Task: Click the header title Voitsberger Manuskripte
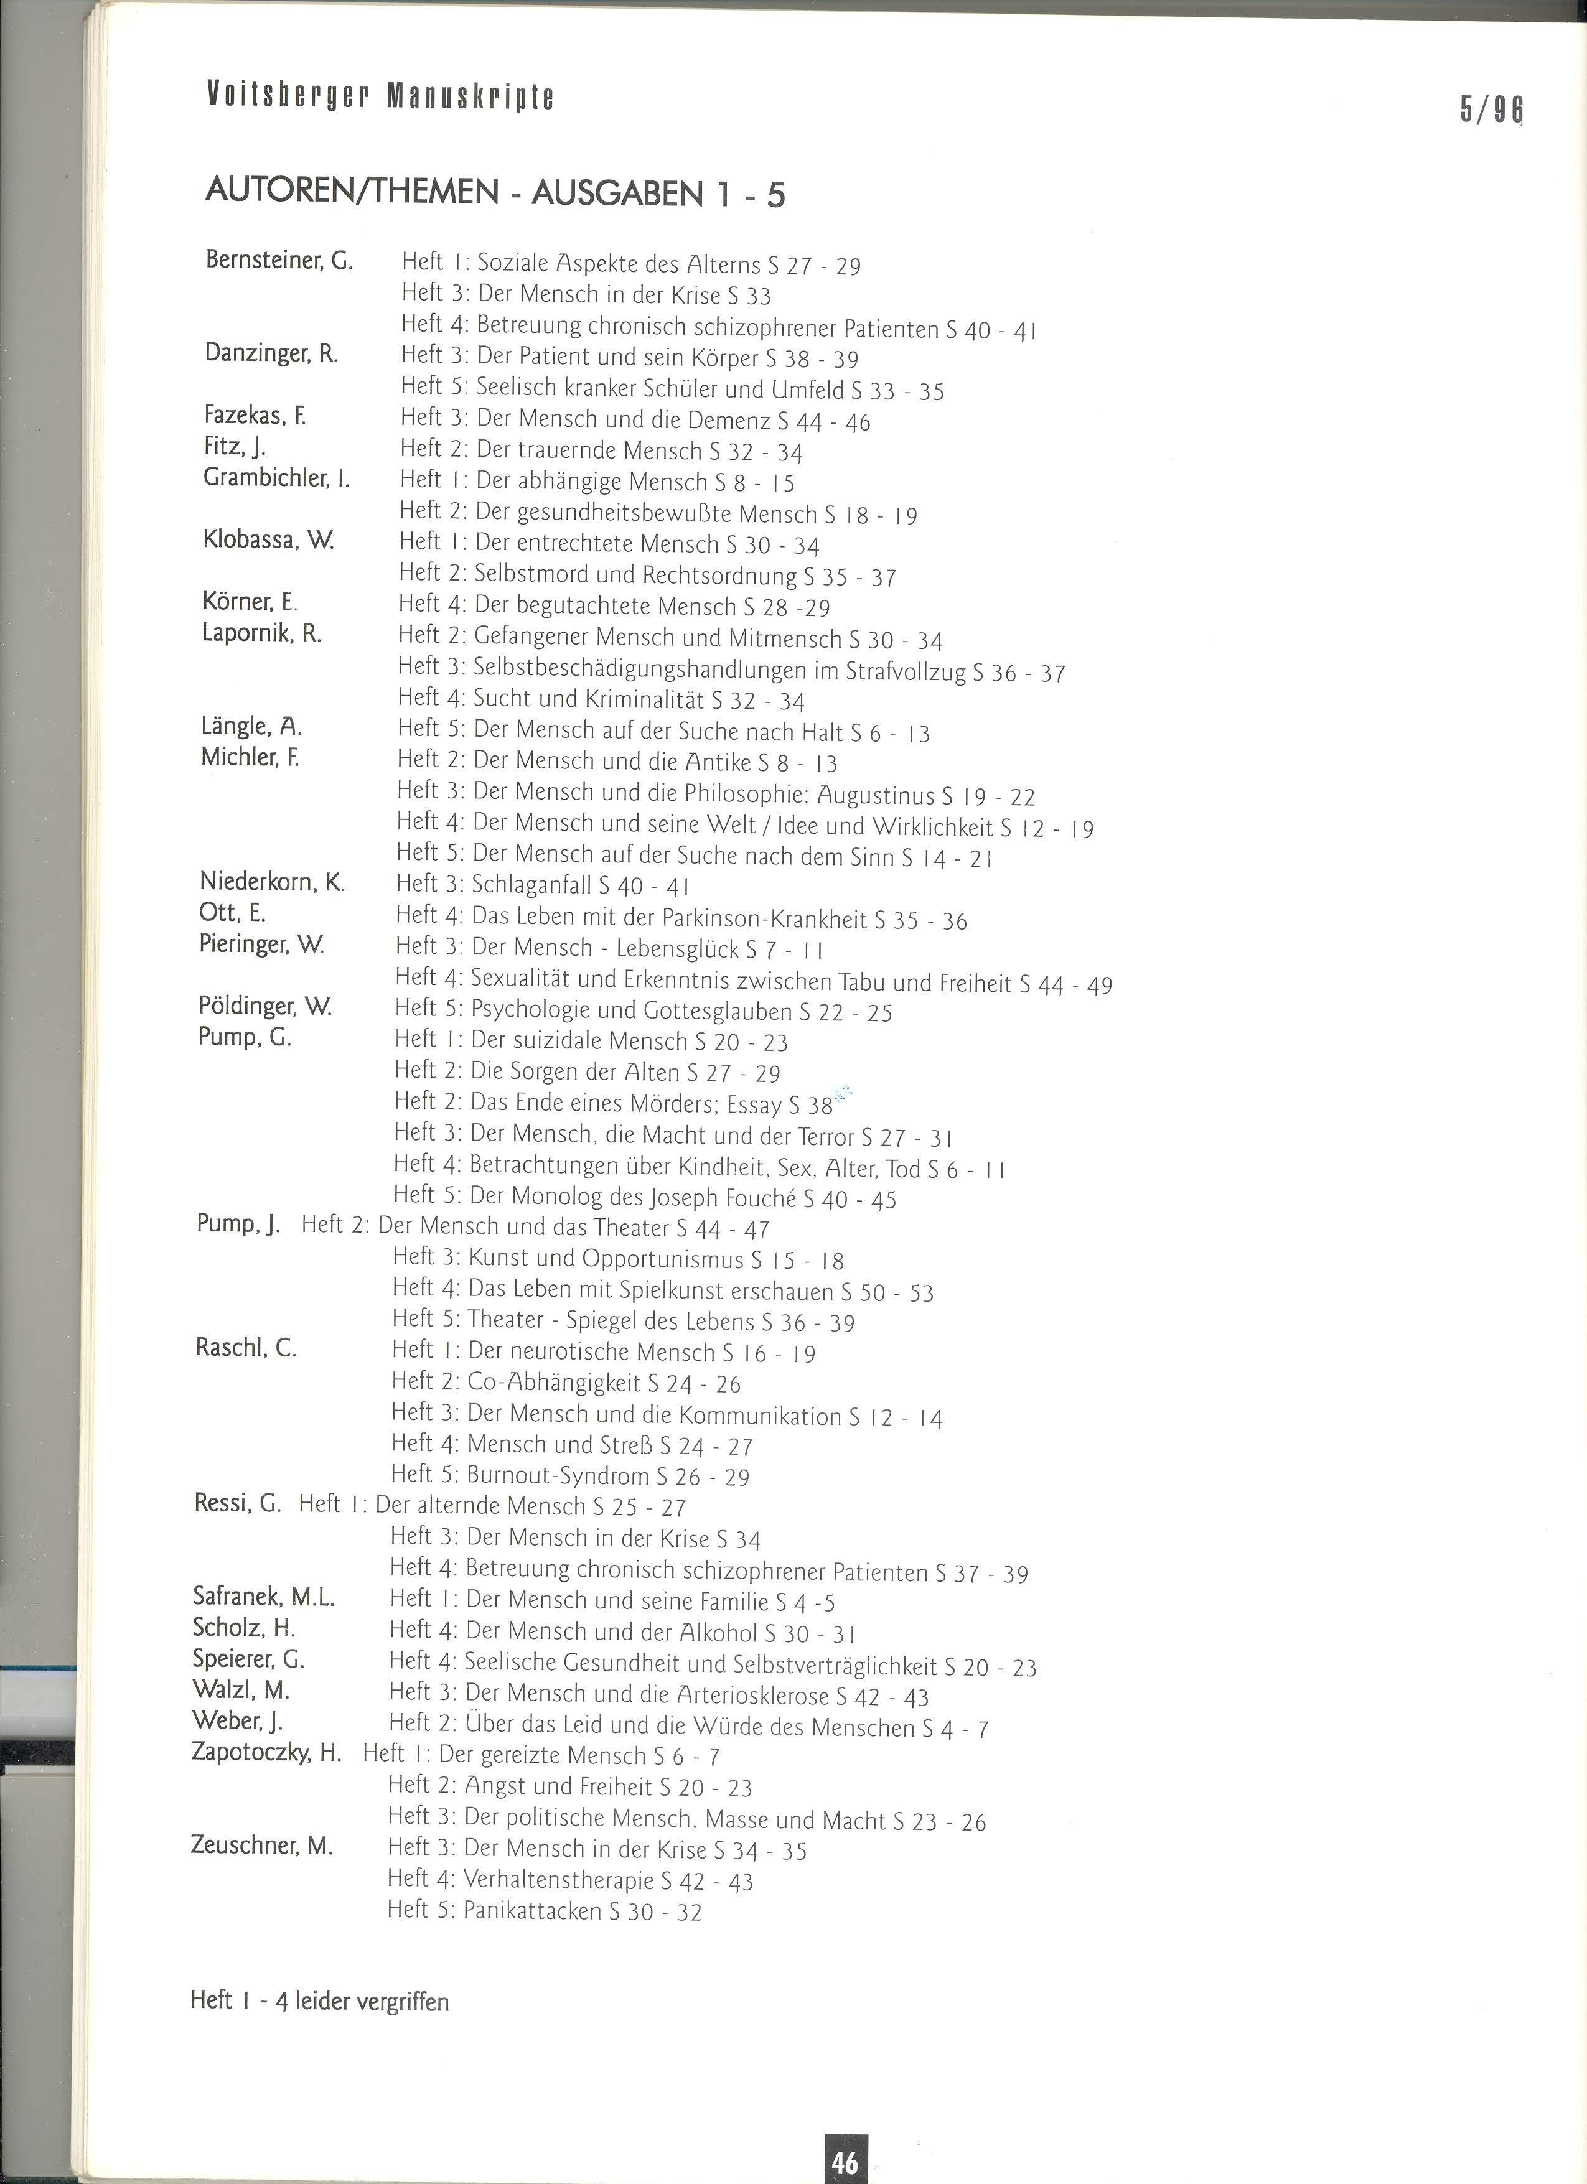[x=380, y=96]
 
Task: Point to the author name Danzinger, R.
[x=271, y=353]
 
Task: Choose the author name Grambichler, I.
[x=276, y=478]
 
